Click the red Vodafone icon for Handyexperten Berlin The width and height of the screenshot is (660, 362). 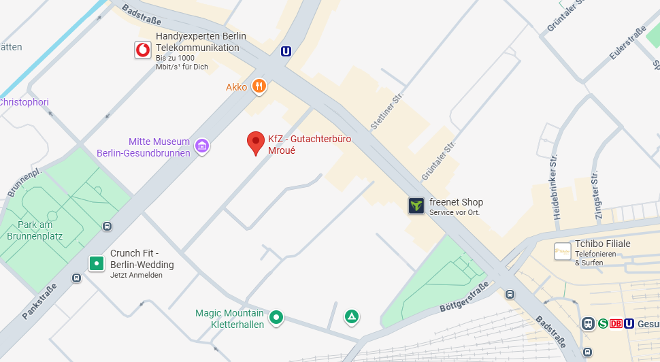(x=143, y=50)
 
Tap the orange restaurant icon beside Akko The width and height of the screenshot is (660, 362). (x=259, y=86)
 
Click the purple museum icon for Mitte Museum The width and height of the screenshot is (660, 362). (x=201, y=146)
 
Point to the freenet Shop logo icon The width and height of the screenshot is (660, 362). (x=416, y=205)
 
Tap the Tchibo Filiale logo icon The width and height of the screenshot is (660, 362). (x=563, y=252)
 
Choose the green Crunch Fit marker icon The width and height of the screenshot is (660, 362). (x=97, y=263)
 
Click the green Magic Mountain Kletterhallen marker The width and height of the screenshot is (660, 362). (x=276, y=317)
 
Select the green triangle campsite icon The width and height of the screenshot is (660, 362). (x=352, y=316)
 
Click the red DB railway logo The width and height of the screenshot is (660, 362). (x=616, y=324)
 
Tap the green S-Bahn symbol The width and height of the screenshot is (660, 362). (x=603, y=324)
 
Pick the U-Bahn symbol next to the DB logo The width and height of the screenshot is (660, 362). (x=629, y=324)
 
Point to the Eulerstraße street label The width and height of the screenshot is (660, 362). (x=627, y=42)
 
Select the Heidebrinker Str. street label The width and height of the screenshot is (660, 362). (x=555, y=186)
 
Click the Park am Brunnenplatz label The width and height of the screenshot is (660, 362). (x=35, y=231)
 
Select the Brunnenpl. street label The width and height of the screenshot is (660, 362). (x=24, y=181)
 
